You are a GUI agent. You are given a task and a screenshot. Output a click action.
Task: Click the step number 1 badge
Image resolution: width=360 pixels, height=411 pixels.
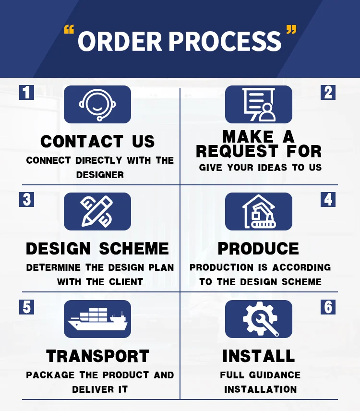[26, 92]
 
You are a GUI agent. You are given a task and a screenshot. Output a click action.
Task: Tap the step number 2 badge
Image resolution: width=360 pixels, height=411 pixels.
[328, 92]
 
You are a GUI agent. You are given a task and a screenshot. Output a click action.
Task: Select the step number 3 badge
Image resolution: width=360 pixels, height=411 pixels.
[26, 199]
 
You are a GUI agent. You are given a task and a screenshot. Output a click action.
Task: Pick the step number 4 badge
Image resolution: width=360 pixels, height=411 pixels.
[328, 199]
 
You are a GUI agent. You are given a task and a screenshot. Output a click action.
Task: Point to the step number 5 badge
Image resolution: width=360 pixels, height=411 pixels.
[26, 307]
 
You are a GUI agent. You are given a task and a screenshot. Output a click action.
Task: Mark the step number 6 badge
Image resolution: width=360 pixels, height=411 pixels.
[328, 307]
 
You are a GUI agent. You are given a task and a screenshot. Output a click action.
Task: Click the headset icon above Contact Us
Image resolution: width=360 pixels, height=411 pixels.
[97, 104]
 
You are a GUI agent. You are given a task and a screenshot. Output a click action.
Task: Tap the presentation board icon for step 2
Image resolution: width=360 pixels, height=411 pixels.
[259, 104]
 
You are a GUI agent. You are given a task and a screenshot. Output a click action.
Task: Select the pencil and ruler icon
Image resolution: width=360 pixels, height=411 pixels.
[97, 211]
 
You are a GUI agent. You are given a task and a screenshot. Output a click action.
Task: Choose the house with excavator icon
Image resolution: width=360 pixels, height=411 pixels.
[259, 211]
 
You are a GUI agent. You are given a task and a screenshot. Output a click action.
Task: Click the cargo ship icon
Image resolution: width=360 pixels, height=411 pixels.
[97, 319]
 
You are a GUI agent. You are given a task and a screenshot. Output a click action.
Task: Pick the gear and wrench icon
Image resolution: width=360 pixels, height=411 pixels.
[259, 319]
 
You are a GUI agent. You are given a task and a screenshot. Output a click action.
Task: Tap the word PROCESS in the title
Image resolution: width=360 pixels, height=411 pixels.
[225, 42]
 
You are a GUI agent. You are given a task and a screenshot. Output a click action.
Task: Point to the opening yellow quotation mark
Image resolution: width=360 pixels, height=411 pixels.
[70, 31]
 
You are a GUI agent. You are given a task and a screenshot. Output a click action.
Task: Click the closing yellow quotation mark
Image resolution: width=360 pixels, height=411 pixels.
[291, 31]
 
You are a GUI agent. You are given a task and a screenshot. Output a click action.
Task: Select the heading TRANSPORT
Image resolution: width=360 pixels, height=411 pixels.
[98, 356]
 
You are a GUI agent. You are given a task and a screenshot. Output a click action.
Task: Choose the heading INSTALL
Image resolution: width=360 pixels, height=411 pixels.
[259, 356]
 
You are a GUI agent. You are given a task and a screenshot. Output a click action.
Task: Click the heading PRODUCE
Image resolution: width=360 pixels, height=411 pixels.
[259, 249]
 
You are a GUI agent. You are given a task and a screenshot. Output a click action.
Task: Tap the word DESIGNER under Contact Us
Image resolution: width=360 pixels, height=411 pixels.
[100, 175]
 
